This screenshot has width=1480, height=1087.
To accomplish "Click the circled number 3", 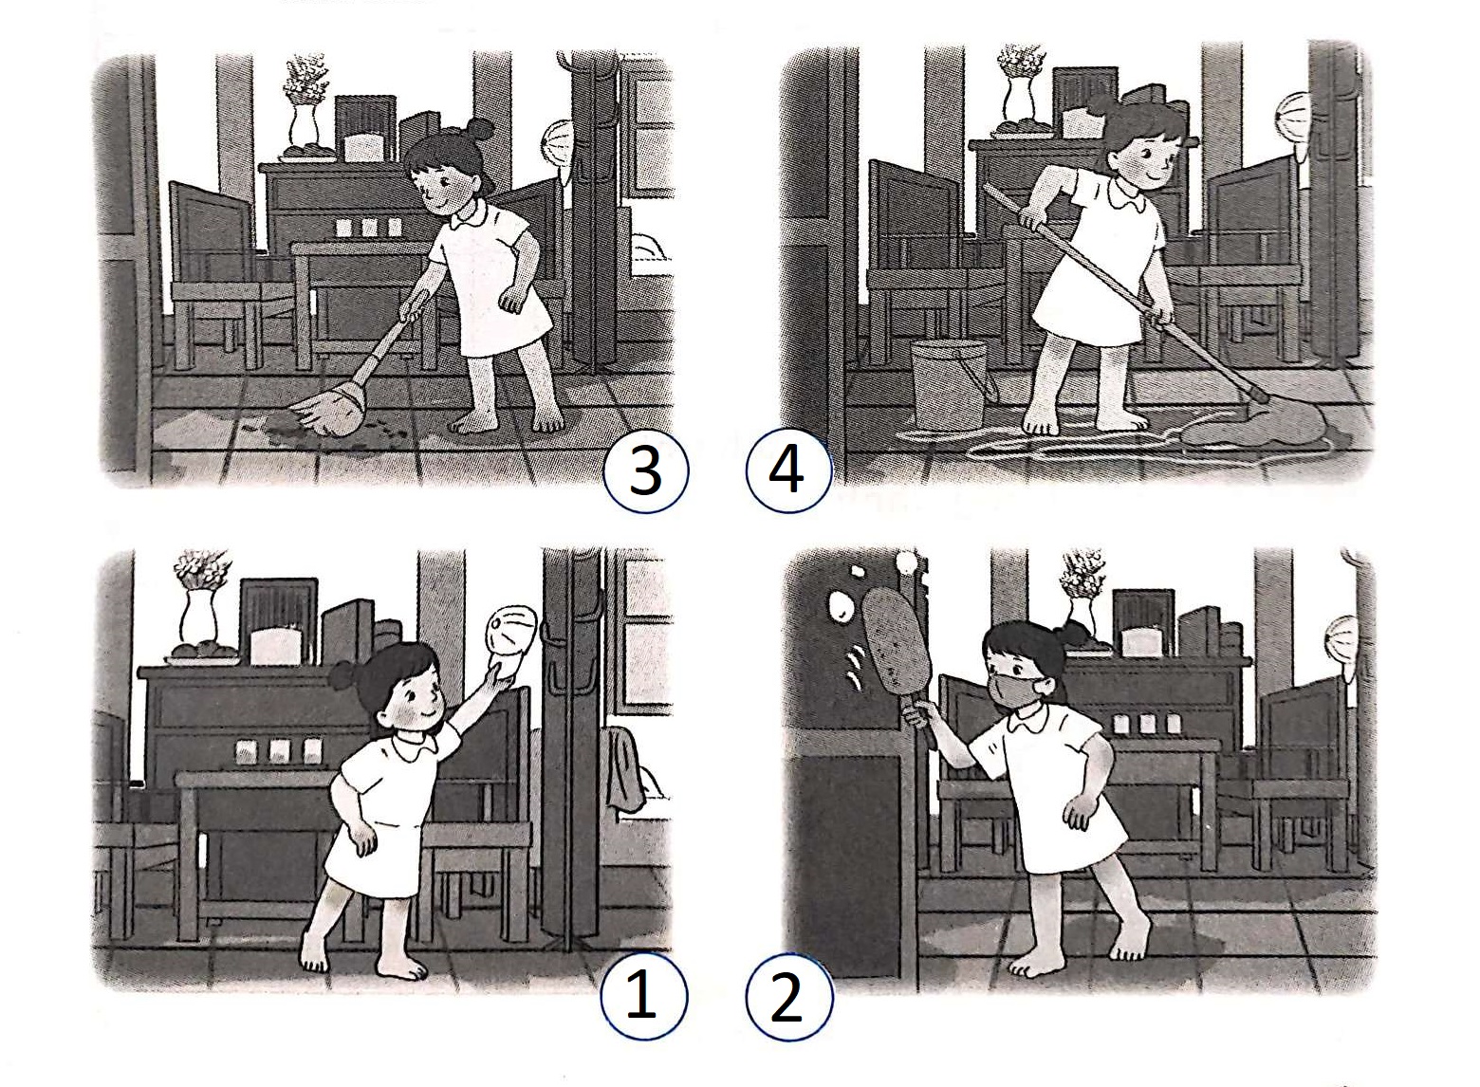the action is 645,470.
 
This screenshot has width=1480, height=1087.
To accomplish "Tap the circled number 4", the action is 788,470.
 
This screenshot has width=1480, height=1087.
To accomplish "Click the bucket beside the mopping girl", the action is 951,385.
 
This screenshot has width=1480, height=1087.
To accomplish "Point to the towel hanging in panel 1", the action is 623,768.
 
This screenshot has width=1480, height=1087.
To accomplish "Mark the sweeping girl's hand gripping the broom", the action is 413,305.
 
